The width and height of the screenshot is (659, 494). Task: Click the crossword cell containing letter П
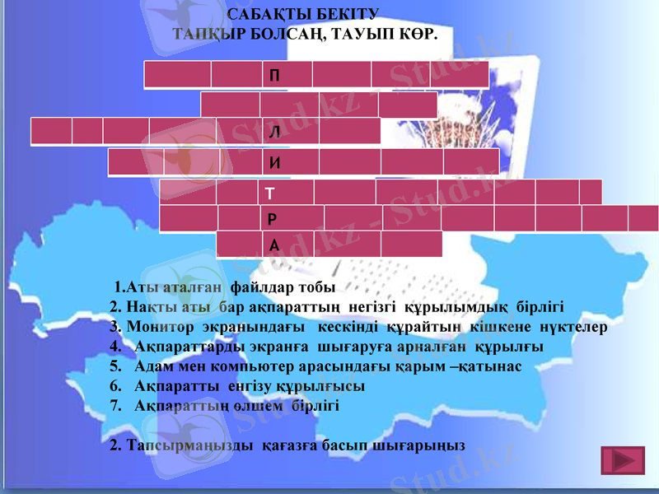pos(287,74)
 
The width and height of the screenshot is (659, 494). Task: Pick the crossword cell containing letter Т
pos(286,193)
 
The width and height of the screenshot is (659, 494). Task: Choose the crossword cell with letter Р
pos(292,219)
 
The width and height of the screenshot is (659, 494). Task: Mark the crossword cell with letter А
pos(288,245)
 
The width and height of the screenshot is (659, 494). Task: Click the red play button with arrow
pos(622,459)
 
